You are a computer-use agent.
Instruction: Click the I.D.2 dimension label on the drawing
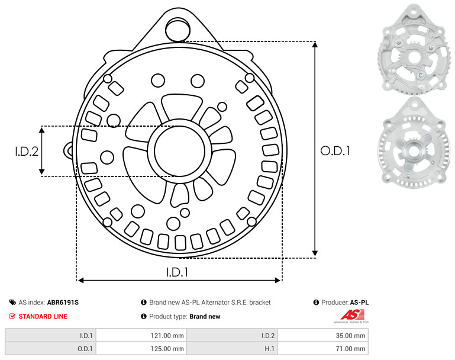(x=27, y=151)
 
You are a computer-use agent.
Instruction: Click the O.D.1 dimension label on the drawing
(x=335, y=150)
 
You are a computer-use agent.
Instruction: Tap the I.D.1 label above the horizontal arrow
(x=178, y=272)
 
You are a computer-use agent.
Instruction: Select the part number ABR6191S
(x=63, y=303)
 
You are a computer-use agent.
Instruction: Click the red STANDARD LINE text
(x=43, y=316)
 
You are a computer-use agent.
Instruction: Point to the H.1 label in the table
(x=269, y=349)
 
